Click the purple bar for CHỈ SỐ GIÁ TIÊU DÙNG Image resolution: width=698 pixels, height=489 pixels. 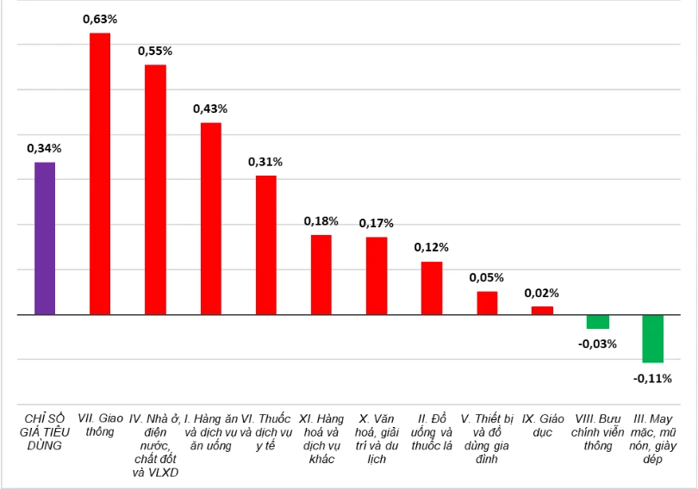click(x=45, y=238)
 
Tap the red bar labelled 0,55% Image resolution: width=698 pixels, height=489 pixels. click(x=155, y=189)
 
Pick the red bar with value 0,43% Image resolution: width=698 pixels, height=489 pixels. click(x=211, y=219)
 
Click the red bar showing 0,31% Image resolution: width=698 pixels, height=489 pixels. click(x=266, y=245)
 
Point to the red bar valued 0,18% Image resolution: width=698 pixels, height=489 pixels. click(x=321, y=275)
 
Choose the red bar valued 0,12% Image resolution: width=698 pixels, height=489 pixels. click(x=432, y=288)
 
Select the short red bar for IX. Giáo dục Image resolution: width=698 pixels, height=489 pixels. click(x=542, y=310)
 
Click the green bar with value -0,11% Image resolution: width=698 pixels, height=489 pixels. click(x=652, y=338)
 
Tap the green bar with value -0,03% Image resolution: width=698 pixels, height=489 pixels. click(x=597, y=322)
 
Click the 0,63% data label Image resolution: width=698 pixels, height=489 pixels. click(x=100, y=18)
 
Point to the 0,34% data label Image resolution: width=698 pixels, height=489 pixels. click(x=44, y=148)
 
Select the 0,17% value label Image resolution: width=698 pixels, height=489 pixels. click(x=377, y=223)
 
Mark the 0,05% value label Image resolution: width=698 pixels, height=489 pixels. click(x=487, y=277)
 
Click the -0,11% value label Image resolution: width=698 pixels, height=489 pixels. click(x=652, y=377)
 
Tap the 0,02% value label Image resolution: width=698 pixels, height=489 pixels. click(x=542, y=293)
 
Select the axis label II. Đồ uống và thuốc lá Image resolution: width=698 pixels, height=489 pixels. click(x=431, y=432)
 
